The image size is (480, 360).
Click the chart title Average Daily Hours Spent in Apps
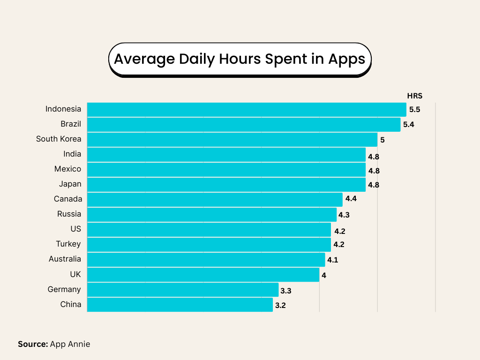(x=240, y=60)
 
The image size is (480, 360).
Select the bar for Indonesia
(x=247, y=109)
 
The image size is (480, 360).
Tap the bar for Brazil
(x=244, y=124)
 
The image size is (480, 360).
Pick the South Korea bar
(x=232, y=139)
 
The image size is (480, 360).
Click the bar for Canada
(x=215, y=199)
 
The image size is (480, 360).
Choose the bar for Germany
(x=183, y=290)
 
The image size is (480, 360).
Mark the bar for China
(x=180, y=305)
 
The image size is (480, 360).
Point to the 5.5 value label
(x=414, y=110)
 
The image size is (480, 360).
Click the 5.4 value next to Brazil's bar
(x=409, y=125)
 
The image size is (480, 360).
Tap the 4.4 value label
(x=351, y=199)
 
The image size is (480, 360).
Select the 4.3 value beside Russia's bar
(x=344, y=215)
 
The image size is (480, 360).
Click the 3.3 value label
(x=286, y=291)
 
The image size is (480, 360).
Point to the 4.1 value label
(x=332, y=260)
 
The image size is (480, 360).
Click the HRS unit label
(x=414, y=96)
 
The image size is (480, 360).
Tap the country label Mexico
(x=67, y=169)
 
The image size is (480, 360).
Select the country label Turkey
(x=68, y=244)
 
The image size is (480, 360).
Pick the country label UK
(x=75, y=274)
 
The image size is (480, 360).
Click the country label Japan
(x=70, y=184)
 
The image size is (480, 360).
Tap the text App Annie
(x=70, y=344)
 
